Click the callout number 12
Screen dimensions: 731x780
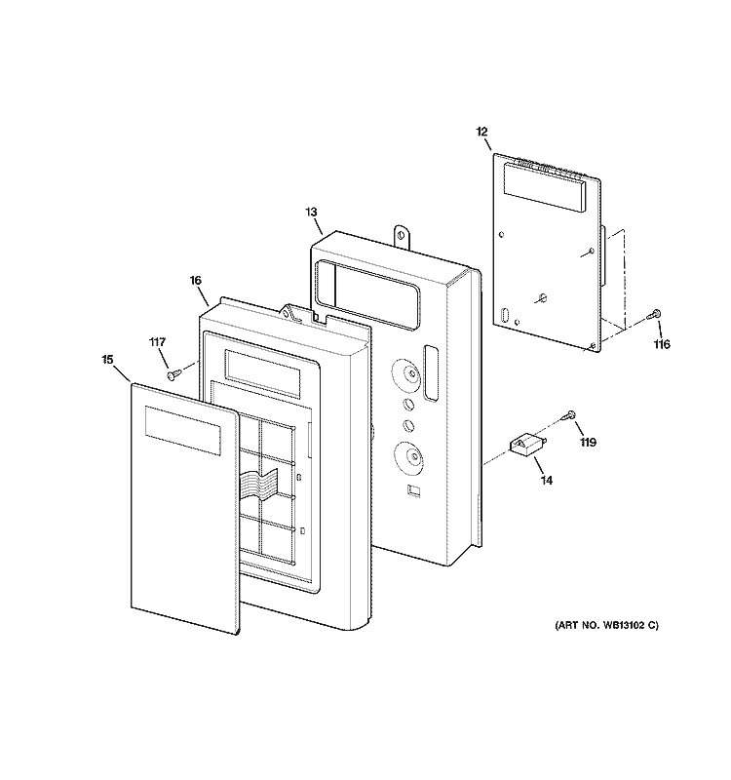click(481, 132)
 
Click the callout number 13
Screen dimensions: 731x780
click(311, 213)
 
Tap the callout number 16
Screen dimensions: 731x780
click(196, 281)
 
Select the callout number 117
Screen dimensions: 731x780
click(158, 342)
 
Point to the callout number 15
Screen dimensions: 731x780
click(108, 360)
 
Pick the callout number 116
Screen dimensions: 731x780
click(662, 344)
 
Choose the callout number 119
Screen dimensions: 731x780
click(589, 443)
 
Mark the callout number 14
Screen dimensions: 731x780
click(547, 481)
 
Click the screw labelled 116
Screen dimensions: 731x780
click(655, 314)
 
